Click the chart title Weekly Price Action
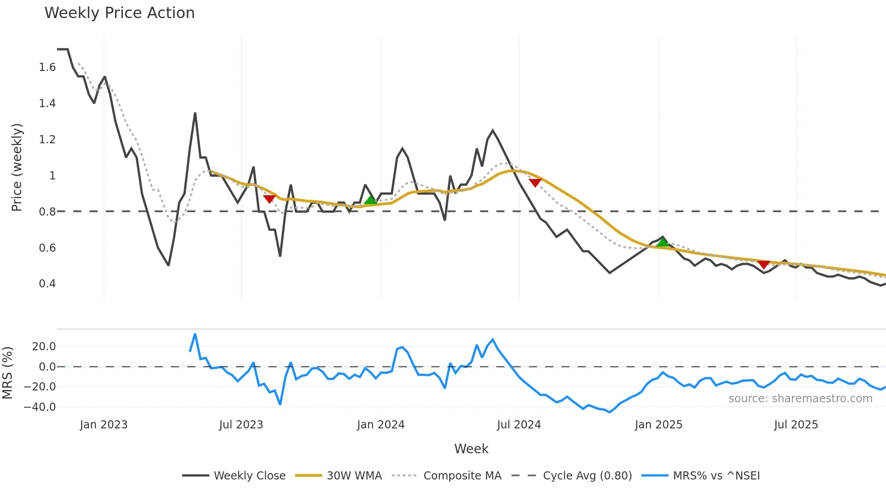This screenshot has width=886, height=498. [119, 13]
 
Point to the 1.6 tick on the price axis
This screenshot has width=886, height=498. [47, 67]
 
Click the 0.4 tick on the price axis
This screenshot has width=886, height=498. [47, 284]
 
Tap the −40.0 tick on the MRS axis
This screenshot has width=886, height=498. [40, 407]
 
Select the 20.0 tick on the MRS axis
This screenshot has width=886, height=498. [43, 347]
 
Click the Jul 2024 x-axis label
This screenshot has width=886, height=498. [518, 425]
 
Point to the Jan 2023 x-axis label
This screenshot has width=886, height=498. [104, 425]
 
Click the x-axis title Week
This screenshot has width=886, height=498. [471, 449]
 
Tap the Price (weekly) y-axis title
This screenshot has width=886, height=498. [17, 167]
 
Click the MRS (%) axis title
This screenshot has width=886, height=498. [7, 373]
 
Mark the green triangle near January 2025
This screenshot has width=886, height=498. [663, 243]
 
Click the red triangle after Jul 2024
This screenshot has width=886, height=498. [535, 183]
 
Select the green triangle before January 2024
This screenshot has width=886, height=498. [370, 200]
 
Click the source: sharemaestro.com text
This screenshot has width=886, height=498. [800, 399]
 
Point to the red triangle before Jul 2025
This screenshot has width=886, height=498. [763, 264]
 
